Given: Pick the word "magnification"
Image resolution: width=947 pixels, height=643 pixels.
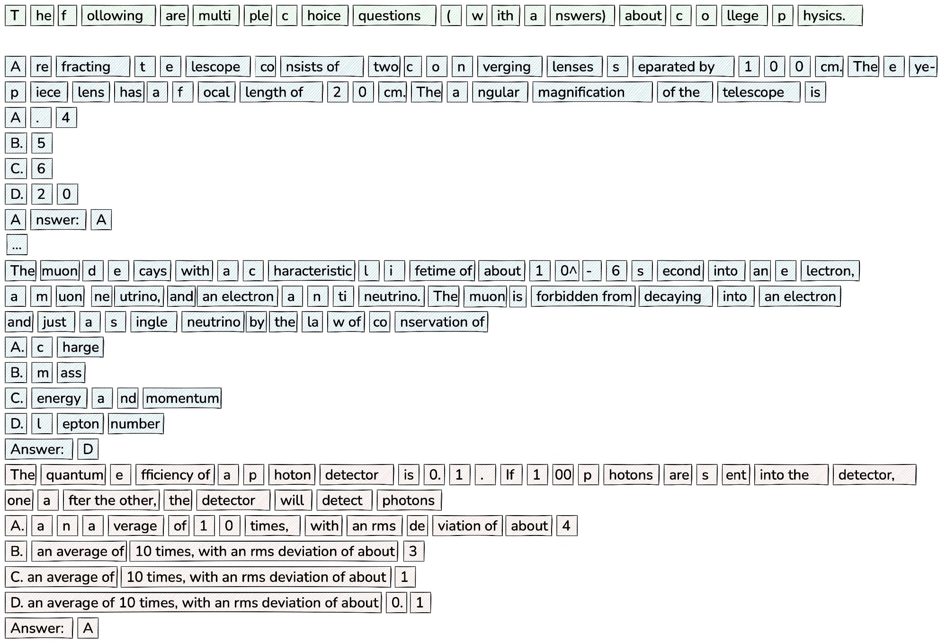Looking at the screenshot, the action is [x=592, y=92].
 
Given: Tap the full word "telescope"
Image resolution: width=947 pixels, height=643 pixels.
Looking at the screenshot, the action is [x=759, y=92].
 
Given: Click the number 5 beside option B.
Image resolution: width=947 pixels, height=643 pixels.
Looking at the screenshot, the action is [x=42, y=143].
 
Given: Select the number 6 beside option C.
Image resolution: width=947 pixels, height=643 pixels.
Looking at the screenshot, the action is [x=42, y=169].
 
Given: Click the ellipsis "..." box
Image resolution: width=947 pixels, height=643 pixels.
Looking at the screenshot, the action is [x=17, y=245].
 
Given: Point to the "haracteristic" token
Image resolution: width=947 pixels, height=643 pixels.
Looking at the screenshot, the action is [x=312, y=271].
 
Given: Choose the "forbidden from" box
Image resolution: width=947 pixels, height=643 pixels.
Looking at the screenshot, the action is [x=583, y=296].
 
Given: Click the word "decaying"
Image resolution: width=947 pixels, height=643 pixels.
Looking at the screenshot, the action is [x=675, y=296].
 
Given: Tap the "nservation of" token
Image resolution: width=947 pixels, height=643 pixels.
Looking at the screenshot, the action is [x=441, y=322].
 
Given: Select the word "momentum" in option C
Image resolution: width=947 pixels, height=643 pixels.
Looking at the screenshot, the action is [x=182, y=398].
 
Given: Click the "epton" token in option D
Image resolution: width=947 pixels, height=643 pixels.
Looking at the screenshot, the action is [x=80, y=424].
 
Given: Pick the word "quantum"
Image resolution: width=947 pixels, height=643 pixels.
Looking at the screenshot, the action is [x=73, y=475].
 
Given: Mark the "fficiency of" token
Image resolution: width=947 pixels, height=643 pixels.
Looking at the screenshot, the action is [x=175, y=475].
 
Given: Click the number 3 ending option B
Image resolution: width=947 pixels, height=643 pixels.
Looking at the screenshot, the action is [x=414, y=552].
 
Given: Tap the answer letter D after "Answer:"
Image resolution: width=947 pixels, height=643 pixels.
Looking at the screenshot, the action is [x=88, y=449].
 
